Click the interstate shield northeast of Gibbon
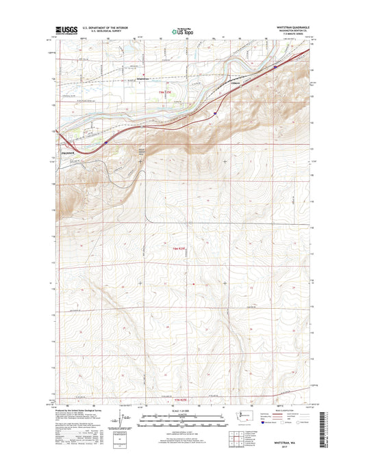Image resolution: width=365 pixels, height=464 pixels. point(275,68)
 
